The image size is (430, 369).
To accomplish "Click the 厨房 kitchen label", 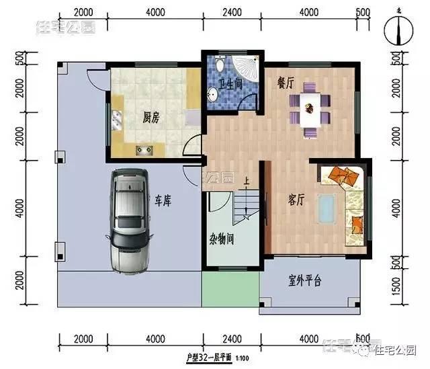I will tap(150, 118).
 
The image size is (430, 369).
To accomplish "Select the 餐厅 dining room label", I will tap(286, 83).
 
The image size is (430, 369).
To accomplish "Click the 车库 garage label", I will tap(164, 200).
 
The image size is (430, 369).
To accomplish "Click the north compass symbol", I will tap(399, 30).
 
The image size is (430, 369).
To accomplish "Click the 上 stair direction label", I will tap(247, 181).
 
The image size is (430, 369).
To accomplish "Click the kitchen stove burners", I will tap(143, 149).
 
